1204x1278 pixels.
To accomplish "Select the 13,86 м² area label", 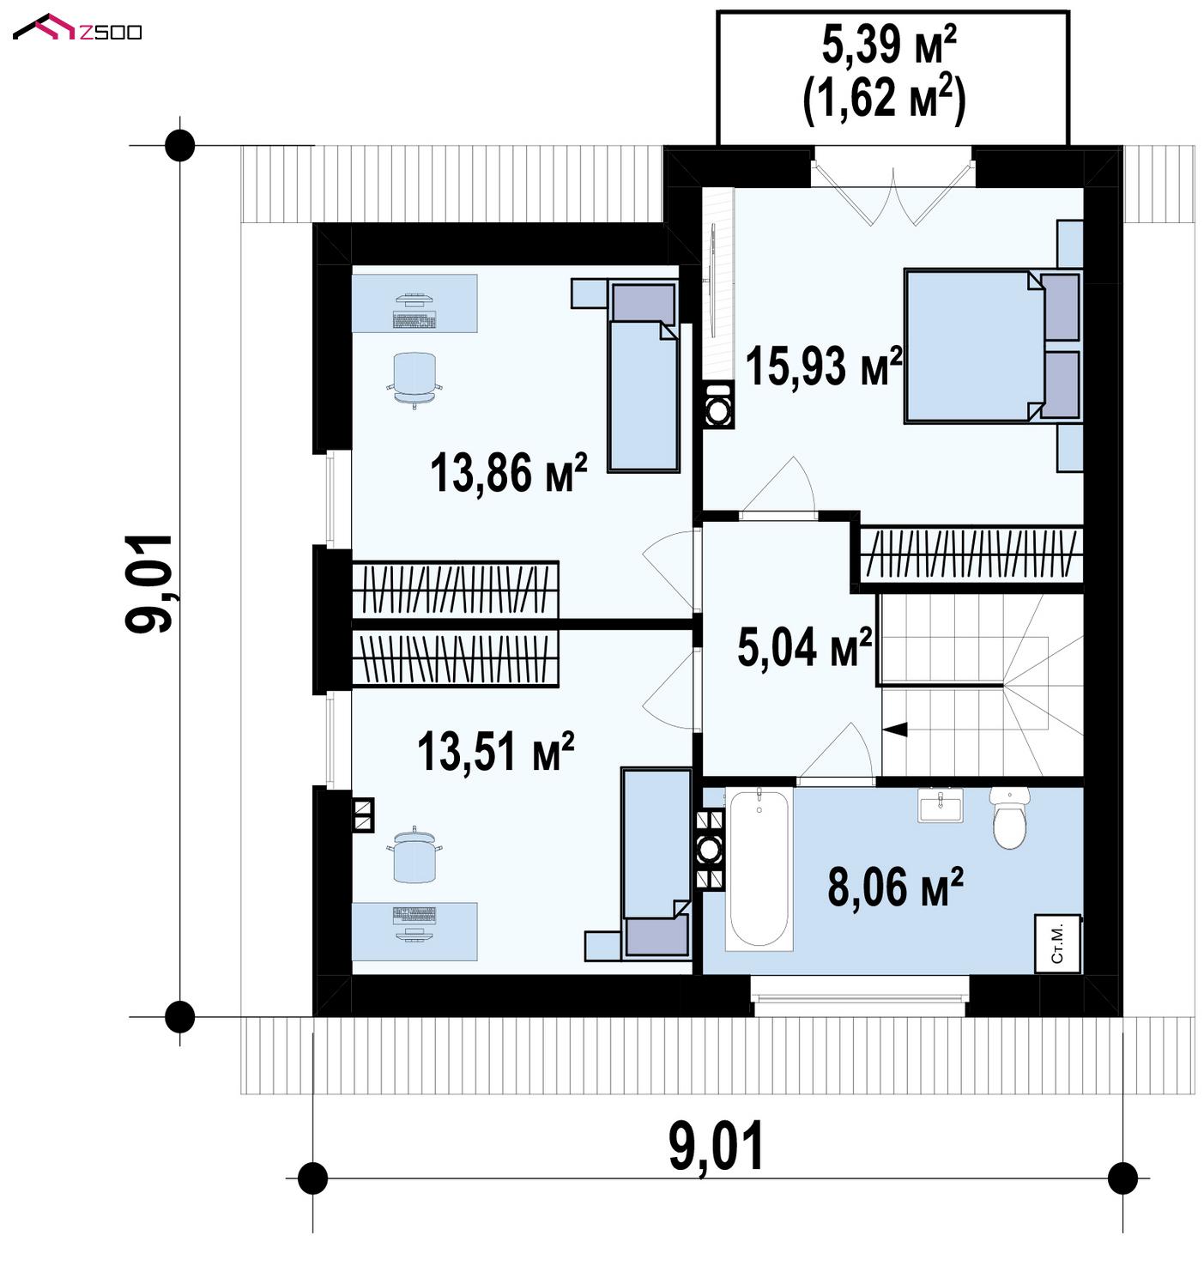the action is click(508, 473).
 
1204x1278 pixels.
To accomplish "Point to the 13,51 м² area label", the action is click(495, 751).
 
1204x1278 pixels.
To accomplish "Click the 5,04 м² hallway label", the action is click(804, 647).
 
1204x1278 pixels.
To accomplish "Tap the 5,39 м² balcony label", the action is click(889, 45).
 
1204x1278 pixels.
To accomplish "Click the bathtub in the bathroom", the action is click(759, 869).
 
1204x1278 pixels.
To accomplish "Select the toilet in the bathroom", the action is click(1010, 816).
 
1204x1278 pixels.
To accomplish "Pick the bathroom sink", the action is click(941, 804).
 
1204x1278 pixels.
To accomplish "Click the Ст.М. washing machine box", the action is click(1057, 944).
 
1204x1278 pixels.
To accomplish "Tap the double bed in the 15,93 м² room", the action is click(992, 346).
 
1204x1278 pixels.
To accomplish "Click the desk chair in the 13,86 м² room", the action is click(414, 379).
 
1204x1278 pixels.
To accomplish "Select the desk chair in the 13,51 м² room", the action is click(414, 854).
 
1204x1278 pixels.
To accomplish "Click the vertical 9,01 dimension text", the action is click(148, 584).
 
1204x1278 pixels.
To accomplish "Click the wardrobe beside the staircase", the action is click(971, 554).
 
